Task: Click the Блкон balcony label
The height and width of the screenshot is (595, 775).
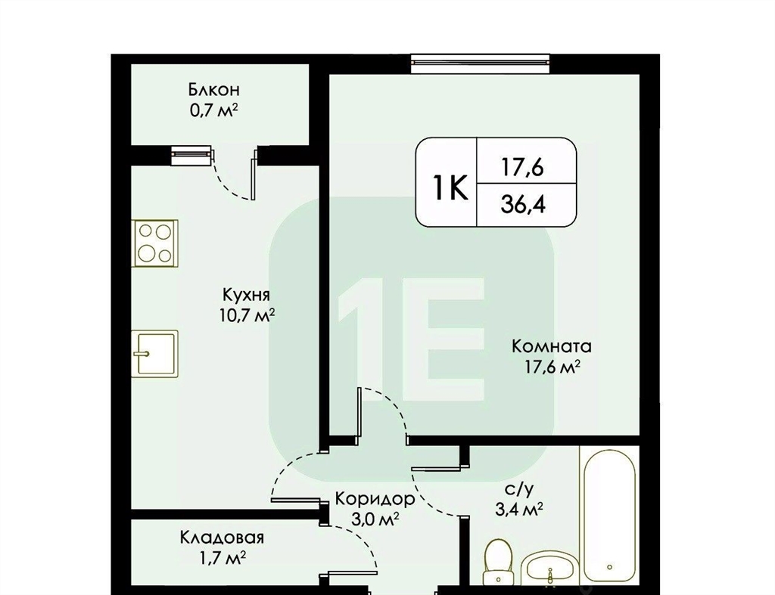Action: coord(213,90)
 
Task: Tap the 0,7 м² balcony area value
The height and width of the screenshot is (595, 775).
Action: coord(213,110)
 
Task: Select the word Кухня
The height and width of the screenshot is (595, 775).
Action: coord(246,295)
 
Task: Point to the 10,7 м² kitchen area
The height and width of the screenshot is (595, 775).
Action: coord(247,315)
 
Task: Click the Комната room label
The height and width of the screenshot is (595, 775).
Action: coord(551,346)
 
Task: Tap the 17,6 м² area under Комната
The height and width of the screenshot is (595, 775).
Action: coord(552,367)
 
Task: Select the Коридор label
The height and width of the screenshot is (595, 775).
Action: coord(375,499)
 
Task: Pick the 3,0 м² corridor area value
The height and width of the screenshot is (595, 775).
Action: coord(375,519)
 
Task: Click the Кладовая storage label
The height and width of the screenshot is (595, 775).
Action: coord(222,538)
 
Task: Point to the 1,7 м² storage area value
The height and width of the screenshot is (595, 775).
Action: coord(222,558)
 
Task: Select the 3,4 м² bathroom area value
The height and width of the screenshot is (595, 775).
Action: coord(519,509)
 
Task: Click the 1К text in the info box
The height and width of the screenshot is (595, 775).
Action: coord(450,188)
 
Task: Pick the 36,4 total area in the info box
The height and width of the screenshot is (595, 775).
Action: coord(524,204)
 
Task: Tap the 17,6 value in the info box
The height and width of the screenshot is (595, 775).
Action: coord(523,167)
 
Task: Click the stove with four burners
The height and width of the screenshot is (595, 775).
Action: coord(154,243)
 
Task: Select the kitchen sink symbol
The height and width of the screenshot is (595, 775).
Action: coord(154,354)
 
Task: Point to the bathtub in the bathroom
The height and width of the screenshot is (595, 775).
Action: coord(609,515)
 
